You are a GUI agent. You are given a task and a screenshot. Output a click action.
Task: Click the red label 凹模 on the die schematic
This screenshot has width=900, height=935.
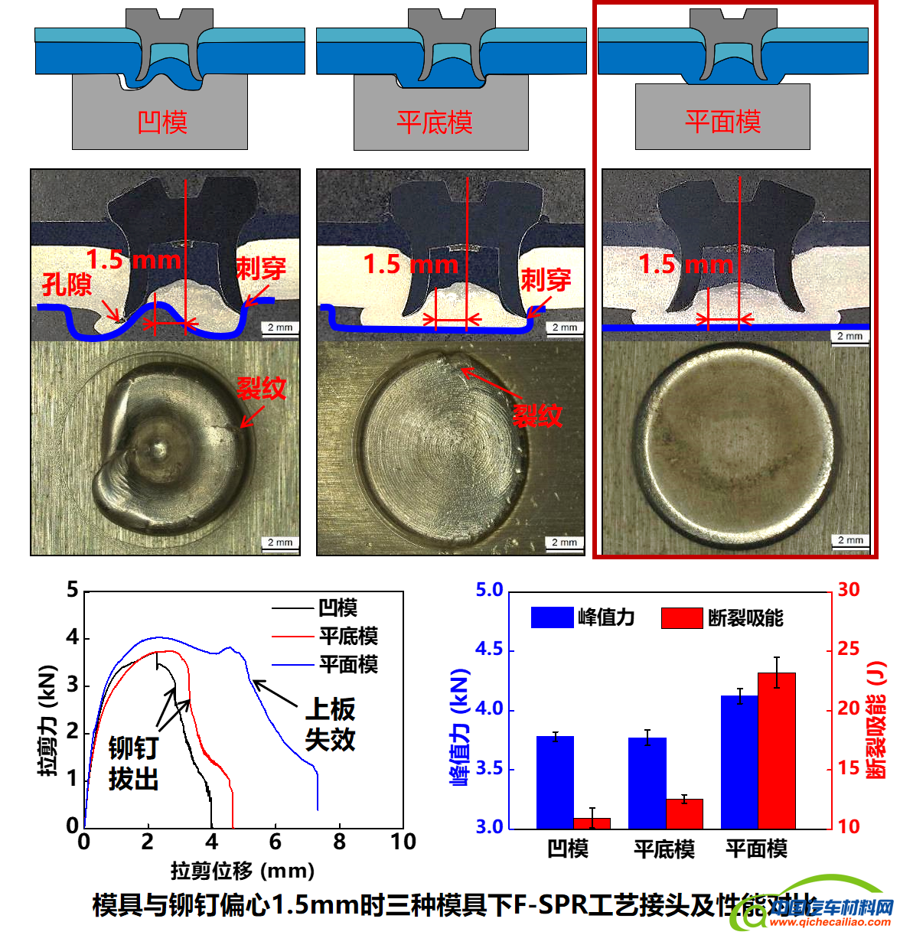coord(162,122)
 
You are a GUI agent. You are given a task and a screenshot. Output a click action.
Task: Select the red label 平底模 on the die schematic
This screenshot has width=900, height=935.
coord(435,122)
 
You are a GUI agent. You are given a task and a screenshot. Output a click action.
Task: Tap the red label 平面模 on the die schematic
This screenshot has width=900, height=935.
coord(722,121)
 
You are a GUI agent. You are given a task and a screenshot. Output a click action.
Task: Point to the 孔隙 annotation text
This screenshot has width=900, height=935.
coord(66,285)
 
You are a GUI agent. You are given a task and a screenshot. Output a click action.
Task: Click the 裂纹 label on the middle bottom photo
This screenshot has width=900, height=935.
coord(537,415)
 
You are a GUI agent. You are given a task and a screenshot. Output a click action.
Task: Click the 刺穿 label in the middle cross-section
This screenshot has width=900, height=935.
coord(546,279)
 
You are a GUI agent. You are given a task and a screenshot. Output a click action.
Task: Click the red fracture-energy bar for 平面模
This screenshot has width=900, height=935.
coord(777,750)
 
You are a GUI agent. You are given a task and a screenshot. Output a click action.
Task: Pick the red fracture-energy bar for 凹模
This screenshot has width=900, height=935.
coord(592,823)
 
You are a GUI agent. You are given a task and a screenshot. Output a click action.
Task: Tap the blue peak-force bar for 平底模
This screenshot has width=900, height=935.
coord(647,783)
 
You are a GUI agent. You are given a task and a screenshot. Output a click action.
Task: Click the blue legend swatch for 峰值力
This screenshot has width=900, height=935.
coord(552,617)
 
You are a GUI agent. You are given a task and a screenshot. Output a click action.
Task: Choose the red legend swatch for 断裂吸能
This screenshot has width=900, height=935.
coord(682,617)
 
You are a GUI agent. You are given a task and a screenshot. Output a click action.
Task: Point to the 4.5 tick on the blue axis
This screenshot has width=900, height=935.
coord(490,650)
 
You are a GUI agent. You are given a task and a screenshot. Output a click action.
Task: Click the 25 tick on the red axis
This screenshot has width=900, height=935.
coord(849,649)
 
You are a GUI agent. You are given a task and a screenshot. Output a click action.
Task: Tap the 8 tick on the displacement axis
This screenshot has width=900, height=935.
coord(339,842)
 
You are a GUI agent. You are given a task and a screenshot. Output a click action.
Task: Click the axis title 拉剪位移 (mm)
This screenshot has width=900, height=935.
coord(242,871)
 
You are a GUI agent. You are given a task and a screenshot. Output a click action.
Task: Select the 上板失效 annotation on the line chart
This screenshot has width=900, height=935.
coord(330,724)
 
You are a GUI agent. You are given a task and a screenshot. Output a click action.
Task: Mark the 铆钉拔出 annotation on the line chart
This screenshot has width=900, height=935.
coord(133,763)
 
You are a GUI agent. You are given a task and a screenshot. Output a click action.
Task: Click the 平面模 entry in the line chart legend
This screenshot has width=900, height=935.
coord(348,664)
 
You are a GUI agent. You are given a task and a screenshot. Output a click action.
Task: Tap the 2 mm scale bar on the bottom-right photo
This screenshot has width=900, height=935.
coord(849,540)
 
